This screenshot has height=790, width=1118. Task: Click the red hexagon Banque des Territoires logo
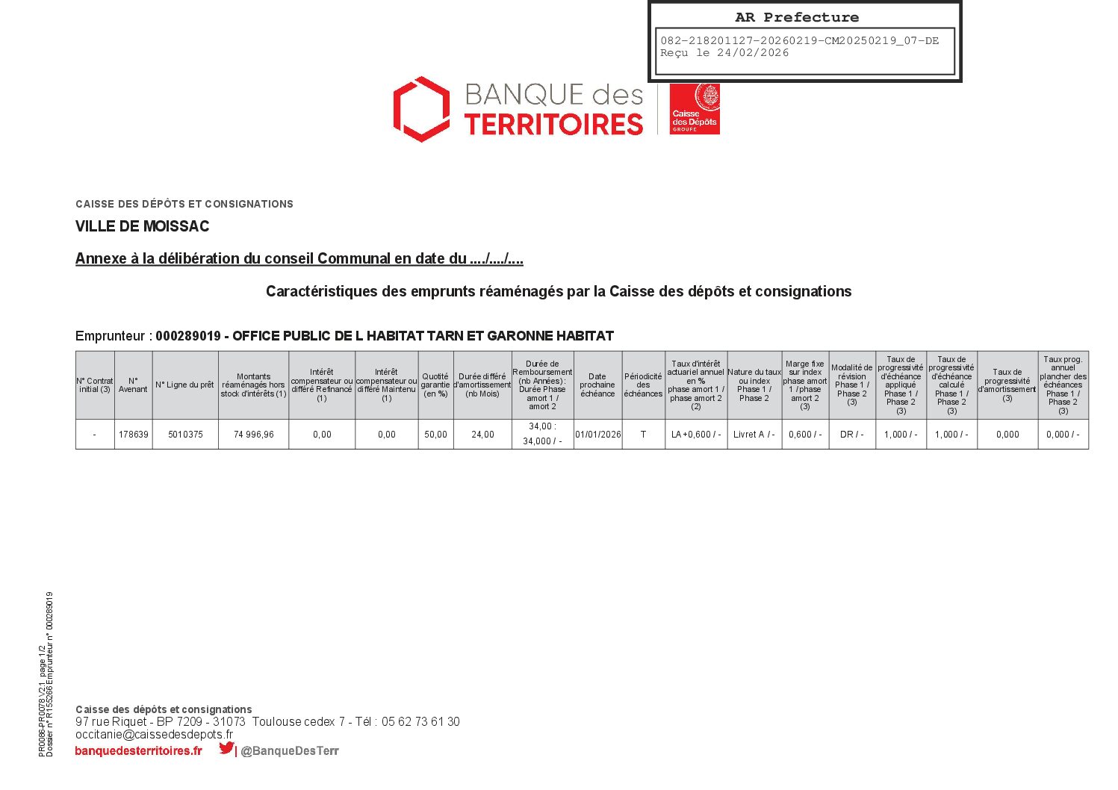point(422,109)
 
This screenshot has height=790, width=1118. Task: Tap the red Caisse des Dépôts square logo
point(694,109)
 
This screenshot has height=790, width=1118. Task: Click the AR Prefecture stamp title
point(797,17)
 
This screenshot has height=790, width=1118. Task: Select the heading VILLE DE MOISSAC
point(142,226)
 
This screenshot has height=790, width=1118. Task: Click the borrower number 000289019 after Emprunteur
point(188,336)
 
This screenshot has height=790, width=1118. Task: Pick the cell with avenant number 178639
point(133,435)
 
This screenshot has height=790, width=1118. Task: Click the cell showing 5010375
point(185,435)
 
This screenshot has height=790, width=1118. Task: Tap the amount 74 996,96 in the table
point(254,435)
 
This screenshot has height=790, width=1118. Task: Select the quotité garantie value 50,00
point(435,435)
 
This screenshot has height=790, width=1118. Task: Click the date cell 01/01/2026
point(597,435)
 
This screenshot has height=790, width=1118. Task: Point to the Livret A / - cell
point(754,435)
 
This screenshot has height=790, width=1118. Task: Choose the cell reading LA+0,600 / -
point(696,435)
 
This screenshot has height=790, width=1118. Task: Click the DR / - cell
point(852,435)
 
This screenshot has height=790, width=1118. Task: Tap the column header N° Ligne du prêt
point(184,385)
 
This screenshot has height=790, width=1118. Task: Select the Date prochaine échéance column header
point(597,385)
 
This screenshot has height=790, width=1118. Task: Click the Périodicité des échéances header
point(643,385)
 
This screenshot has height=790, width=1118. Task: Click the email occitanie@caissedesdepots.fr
point(154,735)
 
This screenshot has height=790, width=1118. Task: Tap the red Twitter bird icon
point(226,748)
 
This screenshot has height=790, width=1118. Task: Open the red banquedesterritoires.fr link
point(138,751)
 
